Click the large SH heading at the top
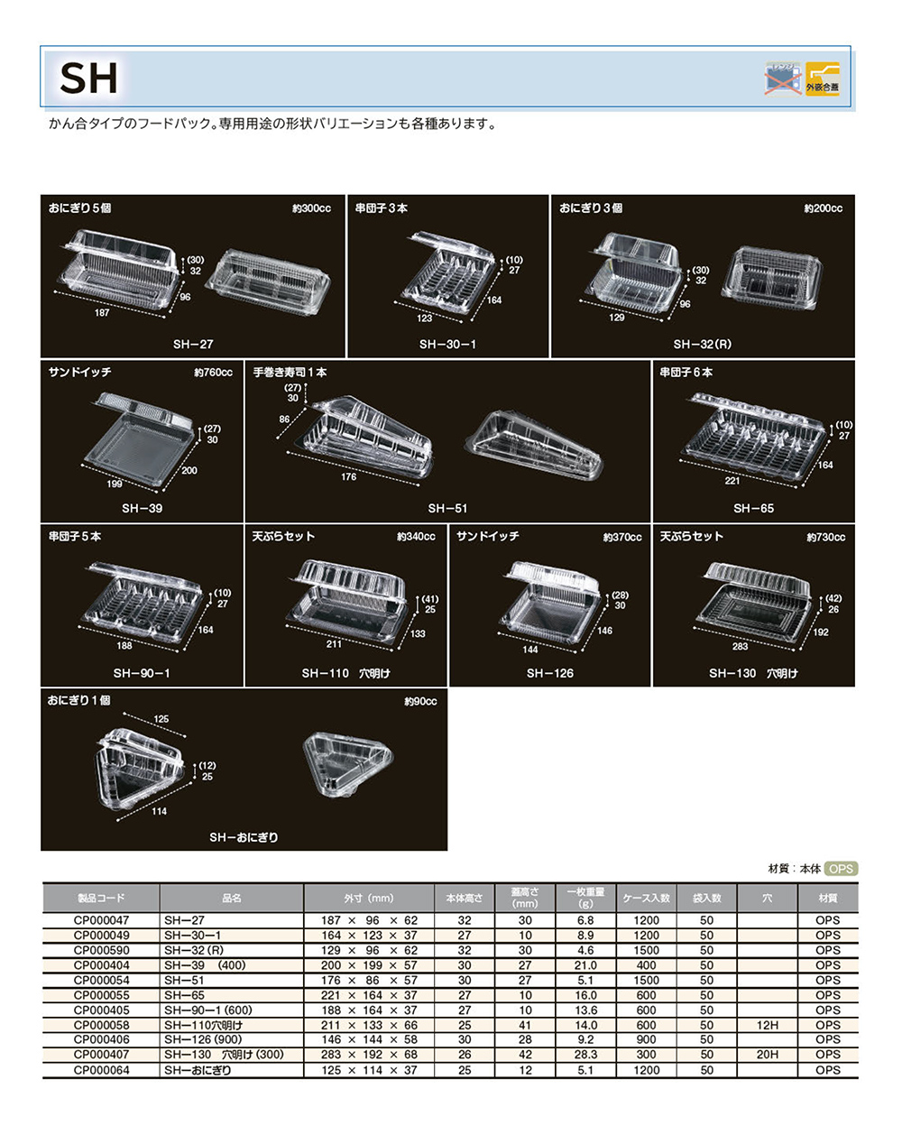click(88, 78)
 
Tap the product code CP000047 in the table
click(101, 921)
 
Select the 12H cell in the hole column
click(767, 1026)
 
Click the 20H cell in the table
click(767, 1056)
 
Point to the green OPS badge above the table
click(841, 869)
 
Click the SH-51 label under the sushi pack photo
click(447, 509)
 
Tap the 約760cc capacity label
click(213, 373)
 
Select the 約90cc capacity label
click(420, 702)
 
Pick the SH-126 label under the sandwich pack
click(549, 674)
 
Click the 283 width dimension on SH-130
click(741, 647)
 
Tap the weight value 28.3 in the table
click(585, 1056)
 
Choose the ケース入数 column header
click(646, 899)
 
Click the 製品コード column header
click(101, 899)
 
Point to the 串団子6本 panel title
click(686, 373)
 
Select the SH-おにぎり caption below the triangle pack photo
click(244, 838)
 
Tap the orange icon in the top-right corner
click(823, 79)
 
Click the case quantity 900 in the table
click(646, 1040)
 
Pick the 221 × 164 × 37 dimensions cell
click(369, 996)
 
